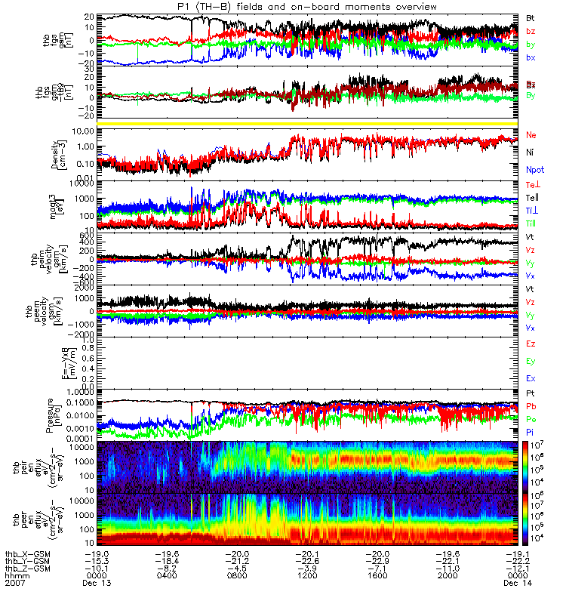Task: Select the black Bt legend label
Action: point(531,17)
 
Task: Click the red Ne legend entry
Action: point(531,135)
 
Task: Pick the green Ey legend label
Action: point(531,361)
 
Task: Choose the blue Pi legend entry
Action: point(531,432)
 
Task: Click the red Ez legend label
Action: point(531,344)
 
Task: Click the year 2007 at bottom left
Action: point(15,584)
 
